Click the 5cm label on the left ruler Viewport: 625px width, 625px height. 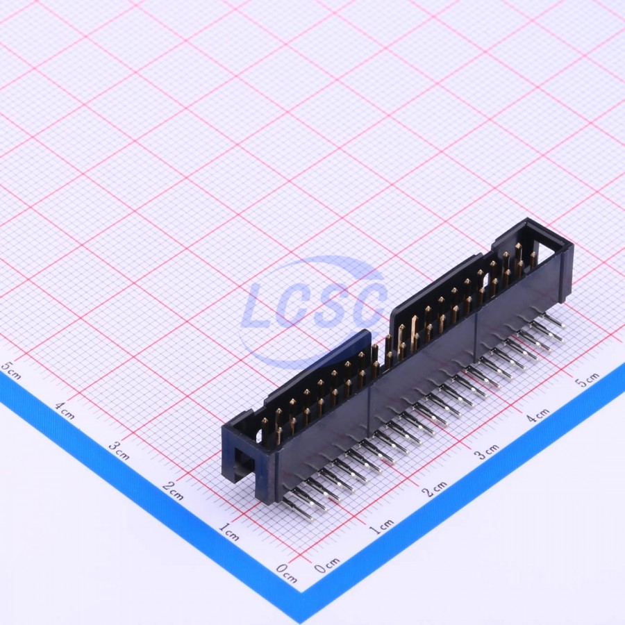[x=10, y=370]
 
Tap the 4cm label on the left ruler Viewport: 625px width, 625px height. [x=65, y=411]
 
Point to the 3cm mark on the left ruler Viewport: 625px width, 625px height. [x=119, y=451]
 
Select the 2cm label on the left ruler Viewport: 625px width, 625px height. [x=173, y=491]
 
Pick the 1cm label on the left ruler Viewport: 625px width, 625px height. [x=229, y=532]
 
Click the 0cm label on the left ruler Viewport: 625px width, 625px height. [x=287, y=573]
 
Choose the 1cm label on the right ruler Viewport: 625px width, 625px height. [x=381, y=527]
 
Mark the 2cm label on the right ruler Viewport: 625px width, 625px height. [x=435, y=489]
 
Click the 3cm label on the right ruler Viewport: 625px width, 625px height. [x=486, y=451]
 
